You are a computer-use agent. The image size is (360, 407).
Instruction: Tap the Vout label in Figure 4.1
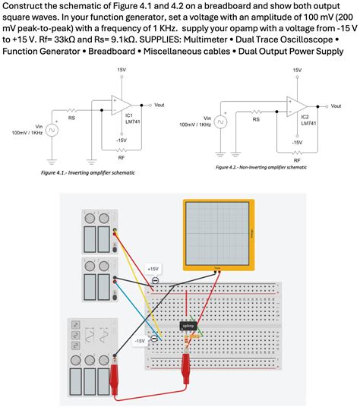pyautogui.click(x=159, y=103)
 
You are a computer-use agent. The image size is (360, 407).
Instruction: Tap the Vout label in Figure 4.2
pyautogui.click(x=336, y=105)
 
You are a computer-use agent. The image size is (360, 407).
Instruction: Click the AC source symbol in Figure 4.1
pyautogui.click(x=51, y=130)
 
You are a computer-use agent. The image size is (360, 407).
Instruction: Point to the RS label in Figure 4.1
pyautogui.click(x=72, y=118)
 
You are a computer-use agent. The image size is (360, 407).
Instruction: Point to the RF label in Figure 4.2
pyautogui.click(x=296, y=161)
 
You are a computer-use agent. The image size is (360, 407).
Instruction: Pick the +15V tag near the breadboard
pyautogui.click(x=153, y=269)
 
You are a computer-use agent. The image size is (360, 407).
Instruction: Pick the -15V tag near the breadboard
pyautogui.click(x=139, y=342)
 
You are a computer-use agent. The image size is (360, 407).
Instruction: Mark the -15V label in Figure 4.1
pyautogui.click(x=121, y=140)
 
